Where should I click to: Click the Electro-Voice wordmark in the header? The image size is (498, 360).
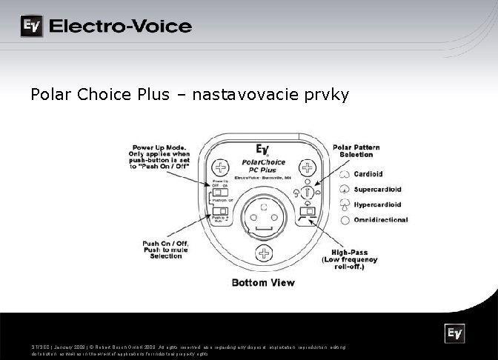click(x=120, y=27)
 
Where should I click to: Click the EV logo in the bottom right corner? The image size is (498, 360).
click(x=454, y=335)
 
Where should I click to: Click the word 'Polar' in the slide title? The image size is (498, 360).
click(x=50, y=96)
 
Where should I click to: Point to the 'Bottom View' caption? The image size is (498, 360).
click(x=263, y=282)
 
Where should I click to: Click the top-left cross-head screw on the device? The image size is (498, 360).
click(x=219, y=166)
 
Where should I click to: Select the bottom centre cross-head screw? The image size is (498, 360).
click(x=262, y=255)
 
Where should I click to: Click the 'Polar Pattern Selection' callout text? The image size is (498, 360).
click(x=356, y=151)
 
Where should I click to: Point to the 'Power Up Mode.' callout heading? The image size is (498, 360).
click(x=159, y=147)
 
